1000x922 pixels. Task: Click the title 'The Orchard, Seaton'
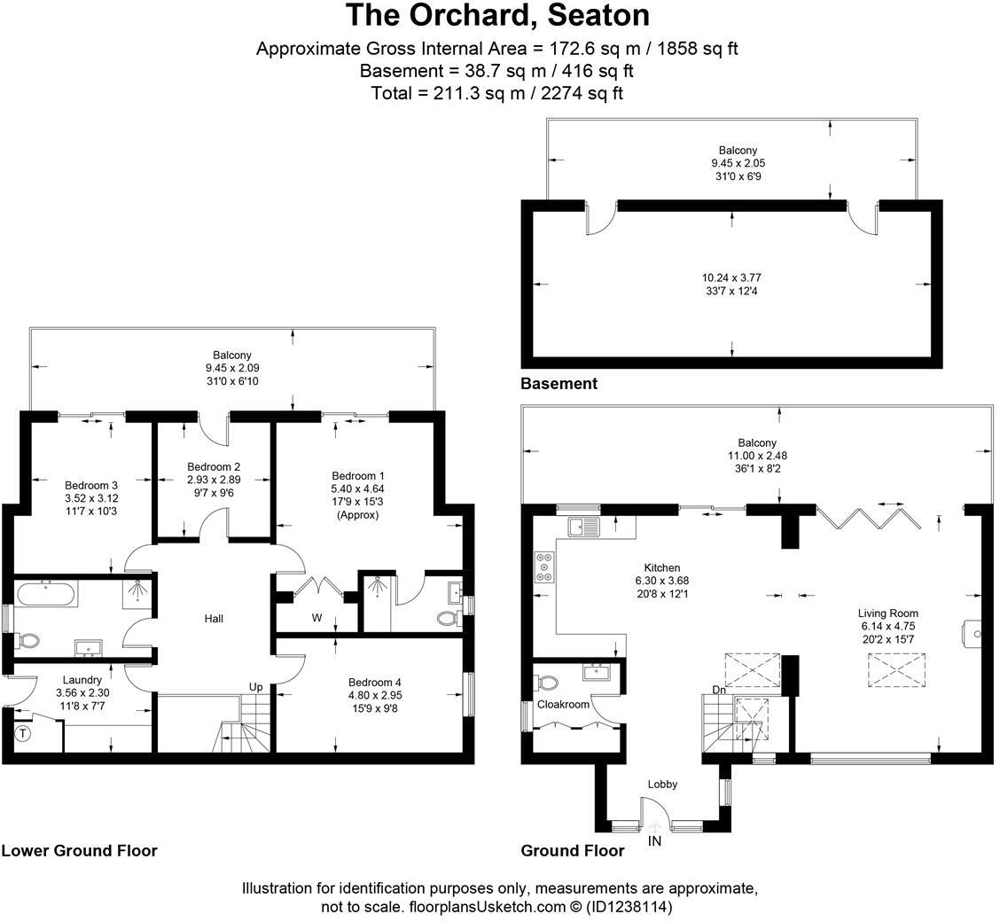pos(497,15)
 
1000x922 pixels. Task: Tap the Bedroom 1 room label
pos(358,476)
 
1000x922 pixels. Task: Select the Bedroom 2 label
pos(214,467)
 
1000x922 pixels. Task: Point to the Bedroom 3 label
pos(91,485)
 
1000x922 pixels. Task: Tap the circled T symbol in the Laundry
pos(23,733)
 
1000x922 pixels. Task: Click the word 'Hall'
pos(214,619)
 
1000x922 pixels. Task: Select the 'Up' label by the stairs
pos(255,687)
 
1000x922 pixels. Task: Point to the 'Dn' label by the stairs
pos(719,690)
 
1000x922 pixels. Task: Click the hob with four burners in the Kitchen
pos(543,568)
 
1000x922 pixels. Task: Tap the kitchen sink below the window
pos(586,526)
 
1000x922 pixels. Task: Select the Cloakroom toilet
pos(547,684)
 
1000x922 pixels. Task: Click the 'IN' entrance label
pos(655,840)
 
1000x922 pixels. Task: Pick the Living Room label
pos(887,613)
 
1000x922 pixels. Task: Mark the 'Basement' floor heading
pos(559,384)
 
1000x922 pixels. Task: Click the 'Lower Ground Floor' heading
pos(79,851)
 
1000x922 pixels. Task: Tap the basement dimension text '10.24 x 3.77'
pos(731,277)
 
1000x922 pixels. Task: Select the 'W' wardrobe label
pos(316,617)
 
